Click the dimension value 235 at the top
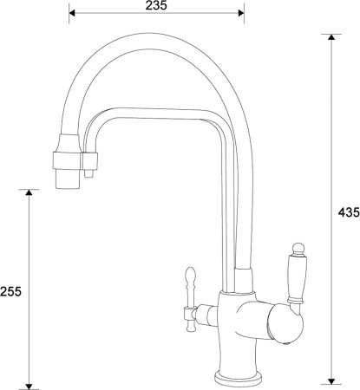coord(157,5)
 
